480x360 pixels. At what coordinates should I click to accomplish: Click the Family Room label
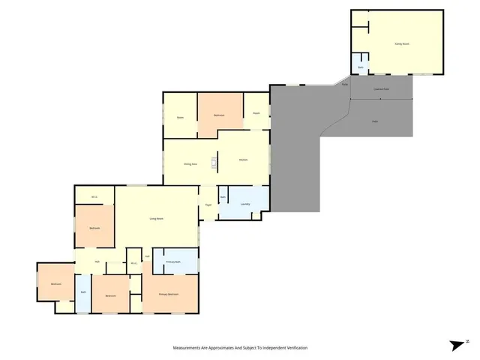402,44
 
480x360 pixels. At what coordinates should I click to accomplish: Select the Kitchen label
243,160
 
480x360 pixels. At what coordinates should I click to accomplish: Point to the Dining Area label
190,163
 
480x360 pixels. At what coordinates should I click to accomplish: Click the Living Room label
157,218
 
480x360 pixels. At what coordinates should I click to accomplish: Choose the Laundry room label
245,204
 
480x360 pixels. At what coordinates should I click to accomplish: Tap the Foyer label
208,204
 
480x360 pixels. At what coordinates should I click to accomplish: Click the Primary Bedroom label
169,295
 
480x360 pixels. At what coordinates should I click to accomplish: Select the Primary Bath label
175,261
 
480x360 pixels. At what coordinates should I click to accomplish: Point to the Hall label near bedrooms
97,261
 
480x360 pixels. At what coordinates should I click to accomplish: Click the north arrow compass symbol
457,346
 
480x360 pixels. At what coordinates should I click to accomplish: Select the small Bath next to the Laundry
223,197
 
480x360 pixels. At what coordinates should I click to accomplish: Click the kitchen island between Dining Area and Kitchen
214,163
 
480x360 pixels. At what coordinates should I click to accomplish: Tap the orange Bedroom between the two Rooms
220,115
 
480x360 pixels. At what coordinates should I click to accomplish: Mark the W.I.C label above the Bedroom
94,197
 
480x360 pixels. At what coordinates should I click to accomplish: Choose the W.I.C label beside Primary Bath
133,263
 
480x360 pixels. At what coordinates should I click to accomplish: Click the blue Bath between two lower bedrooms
83,292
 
